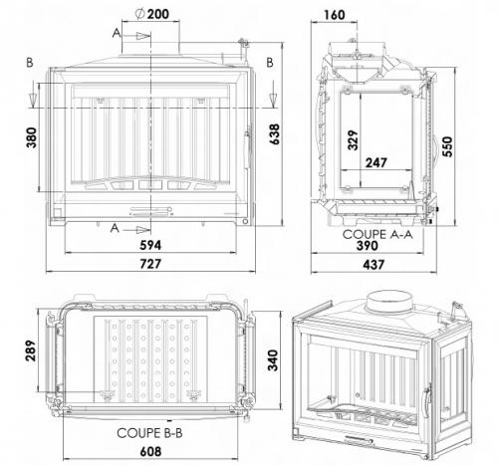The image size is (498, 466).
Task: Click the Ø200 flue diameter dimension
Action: [x=152, y=14]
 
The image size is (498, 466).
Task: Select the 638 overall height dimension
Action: [x=275, y=134]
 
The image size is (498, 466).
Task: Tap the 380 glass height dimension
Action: [x=32, y=137]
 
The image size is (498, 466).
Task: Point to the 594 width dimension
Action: [x=150, y=245]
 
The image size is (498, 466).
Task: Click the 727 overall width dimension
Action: [x=150, y=264]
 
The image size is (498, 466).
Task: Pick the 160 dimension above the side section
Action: [x=335, y=15]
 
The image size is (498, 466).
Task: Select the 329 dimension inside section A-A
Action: [x=353, y=140]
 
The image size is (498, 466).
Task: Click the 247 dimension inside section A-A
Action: [x=376, y=163]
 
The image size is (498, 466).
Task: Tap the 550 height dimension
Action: [x=447, y=146]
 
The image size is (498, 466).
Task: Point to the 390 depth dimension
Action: [x=368, y=246]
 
